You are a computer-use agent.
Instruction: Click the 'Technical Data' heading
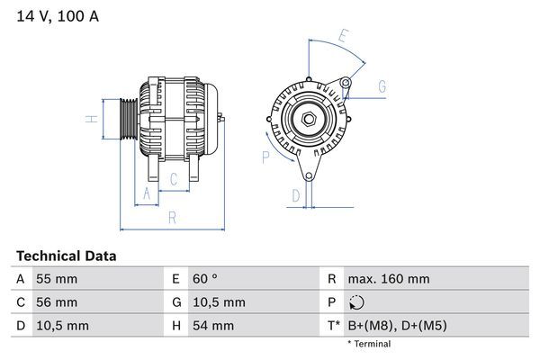coord(66,256)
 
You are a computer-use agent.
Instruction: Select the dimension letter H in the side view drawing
coord(92,119)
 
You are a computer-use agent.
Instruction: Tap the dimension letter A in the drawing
coord(147,193)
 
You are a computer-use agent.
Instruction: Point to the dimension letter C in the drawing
coord(174,179)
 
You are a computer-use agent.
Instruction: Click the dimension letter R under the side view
coord(171,218)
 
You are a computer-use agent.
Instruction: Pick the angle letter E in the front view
coord(343,37)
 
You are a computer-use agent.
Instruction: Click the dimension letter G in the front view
coord(382,86)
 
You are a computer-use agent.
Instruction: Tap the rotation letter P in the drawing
coord(265,157)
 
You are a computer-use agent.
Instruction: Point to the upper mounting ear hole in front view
coord(346,84)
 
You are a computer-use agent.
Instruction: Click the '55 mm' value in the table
coord(56,279)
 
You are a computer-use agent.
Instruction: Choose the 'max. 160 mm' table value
coord(390,279)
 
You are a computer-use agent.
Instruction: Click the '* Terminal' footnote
coord(369,344)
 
